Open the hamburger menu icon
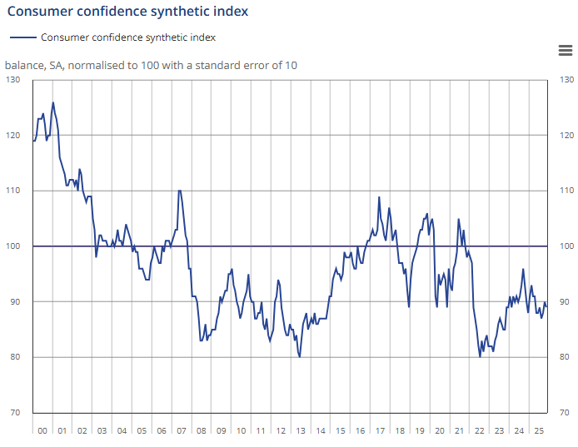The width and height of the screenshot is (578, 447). tap(565, 51)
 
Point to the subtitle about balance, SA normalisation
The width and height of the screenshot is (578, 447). tap(151, 65)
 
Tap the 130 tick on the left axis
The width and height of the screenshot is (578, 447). tap(12, 80)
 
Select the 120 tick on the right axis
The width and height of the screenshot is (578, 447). tap(566, 135)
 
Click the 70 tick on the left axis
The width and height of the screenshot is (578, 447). tap(14, 413)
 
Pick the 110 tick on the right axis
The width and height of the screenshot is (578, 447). tap(566, 191)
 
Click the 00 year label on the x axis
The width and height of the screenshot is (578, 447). tap(42, 431)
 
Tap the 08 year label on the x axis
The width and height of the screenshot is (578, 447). tap(201, 431)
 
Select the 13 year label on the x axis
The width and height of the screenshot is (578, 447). tap(301, 431)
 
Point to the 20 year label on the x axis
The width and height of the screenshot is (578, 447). tap(439, 431)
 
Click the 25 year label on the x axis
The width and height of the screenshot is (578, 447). tap(538, 431)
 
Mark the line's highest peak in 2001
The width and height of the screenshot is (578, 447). tap(53, 102)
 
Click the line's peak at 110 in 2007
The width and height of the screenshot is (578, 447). tap(179, 191)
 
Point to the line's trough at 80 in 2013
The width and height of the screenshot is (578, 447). tap(300, 357)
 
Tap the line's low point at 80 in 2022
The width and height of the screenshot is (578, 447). tap(480, 357)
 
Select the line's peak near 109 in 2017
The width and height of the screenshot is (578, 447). tap(379, 197)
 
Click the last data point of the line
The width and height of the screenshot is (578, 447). tap(546, 306)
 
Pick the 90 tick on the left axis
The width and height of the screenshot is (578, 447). tap(14, 301)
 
